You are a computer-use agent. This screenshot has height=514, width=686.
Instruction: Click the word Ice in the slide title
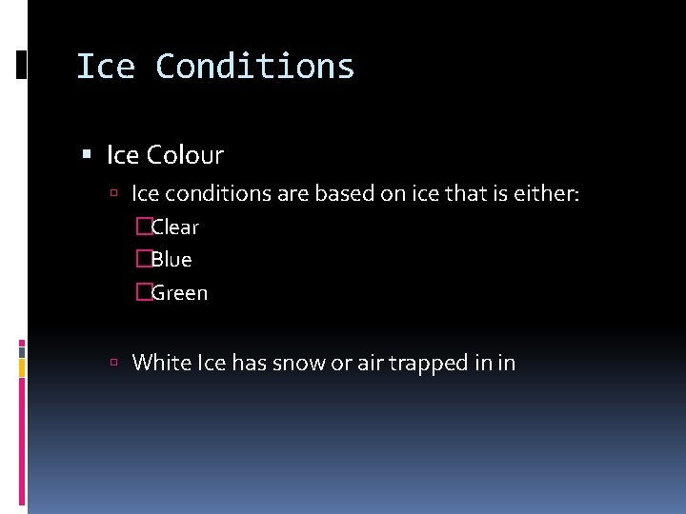coord(105,67)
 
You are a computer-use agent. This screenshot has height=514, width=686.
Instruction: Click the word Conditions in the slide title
coord(254,67)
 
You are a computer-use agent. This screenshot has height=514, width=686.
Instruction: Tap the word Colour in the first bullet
coord(192,154)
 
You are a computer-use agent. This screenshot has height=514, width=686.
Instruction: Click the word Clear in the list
coord(175,227)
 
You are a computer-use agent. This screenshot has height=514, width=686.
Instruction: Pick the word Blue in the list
coord(171,260)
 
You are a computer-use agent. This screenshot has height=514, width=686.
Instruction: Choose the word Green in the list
coord(179,293)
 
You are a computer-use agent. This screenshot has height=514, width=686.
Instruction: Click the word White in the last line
coord(161,363)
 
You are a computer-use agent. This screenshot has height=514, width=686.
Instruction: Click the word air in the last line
coord(370,363)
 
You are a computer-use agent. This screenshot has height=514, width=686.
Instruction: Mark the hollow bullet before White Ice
coord(113,363)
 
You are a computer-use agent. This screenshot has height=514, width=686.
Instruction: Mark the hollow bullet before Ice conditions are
coord(113,194)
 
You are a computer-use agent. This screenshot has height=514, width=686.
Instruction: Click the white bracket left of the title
coord(21,65)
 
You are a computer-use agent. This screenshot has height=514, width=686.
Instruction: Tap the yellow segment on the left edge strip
coord(22,367)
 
